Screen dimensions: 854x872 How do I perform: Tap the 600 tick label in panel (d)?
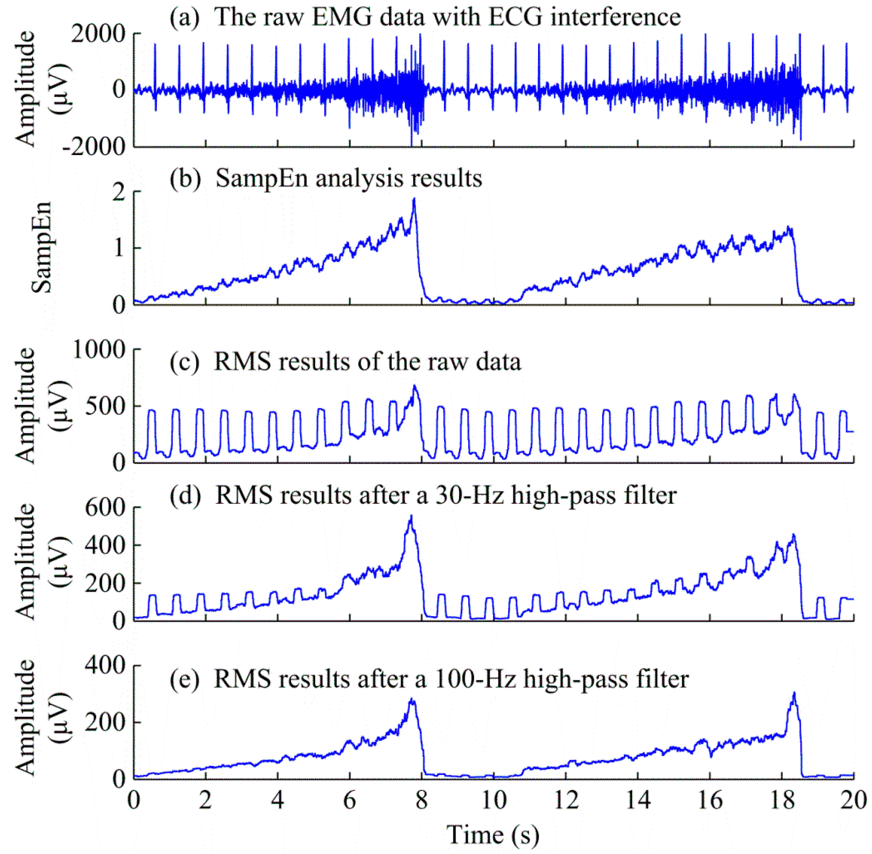click(105, 508)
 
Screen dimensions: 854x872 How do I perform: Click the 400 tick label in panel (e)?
click(105, 666)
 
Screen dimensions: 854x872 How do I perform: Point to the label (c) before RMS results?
click(184, 361)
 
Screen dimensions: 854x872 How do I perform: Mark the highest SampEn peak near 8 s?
click(414, 199)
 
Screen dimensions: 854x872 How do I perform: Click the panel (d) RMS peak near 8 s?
click(411, 517)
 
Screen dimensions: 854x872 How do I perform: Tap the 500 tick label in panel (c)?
click(105, 406)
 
